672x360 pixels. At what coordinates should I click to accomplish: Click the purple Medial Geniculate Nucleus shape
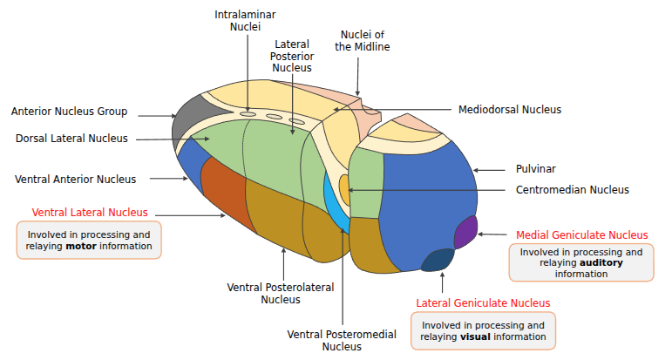[466, 231]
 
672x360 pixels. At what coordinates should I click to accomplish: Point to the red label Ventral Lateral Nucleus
[90, 212]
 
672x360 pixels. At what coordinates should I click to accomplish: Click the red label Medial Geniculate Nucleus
[582, 234]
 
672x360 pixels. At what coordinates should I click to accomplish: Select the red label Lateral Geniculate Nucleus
[483, 302]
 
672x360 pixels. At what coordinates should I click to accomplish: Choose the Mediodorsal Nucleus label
[510, 110]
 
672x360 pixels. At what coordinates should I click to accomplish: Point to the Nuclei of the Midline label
[362, 40]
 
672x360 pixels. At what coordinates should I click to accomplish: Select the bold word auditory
[601, 262]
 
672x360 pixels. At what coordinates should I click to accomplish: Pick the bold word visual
[476, 336]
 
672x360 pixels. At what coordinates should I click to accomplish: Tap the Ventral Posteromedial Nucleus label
[342, 340]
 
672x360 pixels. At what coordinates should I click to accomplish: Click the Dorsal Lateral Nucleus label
[71, 139]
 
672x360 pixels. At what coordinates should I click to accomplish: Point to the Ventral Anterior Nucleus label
[76, 179]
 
